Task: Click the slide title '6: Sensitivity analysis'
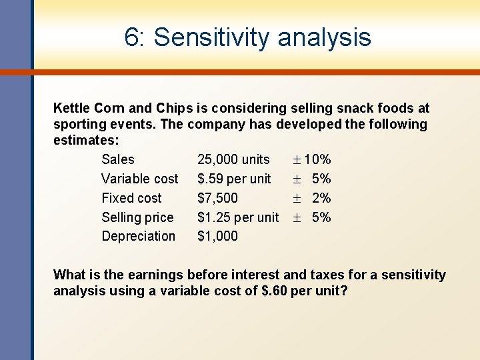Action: (x=247, y=37)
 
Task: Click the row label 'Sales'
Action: (x=117, y=159)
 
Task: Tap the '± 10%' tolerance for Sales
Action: (x=311, y=159)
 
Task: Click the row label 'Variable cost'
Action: (x=139, y=179)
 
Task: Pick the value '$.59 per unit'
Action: (x=234, y=179)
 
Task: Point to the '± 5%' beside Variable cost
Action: (x=311, y=179)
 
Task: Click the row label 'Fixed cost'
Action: (x=131, y=198)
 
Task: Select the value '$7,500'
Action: (x=217, y=198)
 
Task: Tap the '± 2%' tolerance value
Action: (x=311, y=198)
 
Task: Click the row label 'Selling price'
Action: (x=137, y=217)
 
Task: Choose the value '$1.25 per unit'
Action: (x=238, y=217)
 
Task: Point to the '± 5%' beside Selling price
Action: (x=311, y=217)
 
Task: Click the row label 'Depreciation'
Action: (x=138, y=236)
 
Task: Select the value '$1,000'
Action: (x=217, y=236)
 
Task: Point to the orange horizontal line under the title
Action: (x=253, y=72)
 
